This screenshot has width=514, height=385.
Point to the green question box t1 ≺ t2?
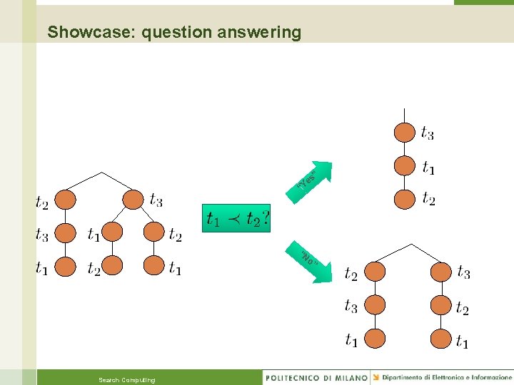coord(237,218)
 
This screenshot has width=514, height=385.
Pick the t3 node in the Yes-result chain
coord(405,133)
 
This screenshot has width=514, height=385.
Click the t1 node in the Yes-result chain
coord(405,166)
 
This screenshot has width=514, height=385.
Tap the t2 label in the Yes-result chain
coord(428,199)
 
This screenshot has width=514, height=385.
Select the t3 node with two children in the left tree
coord(133,199)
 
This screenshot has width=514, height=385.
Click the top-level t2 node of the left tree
coord(66,200)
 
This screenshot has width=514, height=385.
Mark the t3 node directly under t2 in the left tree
coord(66,233)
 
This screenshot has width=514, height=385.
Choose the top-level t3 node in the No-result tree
coord(440,272)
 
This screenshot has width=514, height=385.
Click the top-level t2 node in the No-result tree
coord(375,272)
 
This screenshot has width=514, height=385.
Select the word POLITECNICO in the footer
coord(295,377)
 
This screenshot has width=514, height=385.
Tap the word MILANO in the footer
coord(351,377)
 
